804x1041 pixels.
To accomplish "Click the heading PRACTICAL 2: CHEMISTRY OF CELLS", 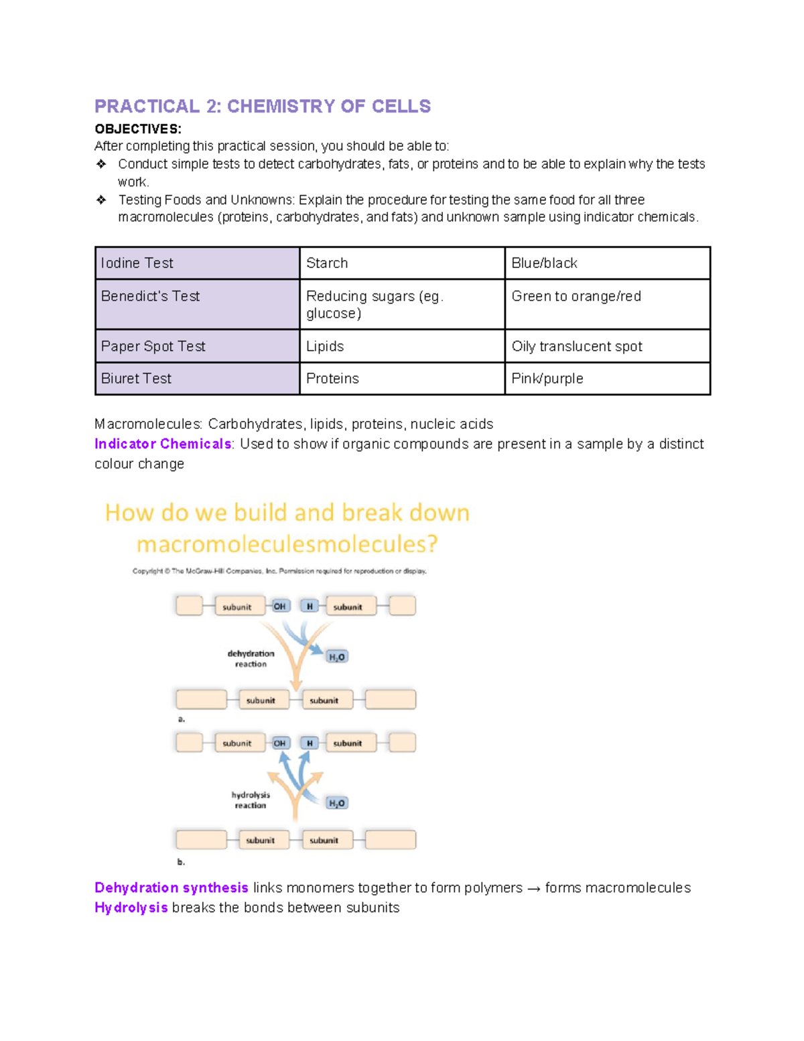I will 263,107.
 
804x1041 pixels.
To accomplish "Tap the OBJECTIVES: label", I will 138,129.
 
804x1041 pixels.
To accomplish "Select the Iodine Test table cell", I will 197,263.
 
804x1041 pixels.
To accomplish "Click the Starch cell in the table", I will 401,263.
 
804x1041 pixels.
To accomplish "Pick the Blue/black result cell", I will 606,263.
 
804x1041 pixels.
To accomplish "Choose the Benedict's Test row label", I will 197,304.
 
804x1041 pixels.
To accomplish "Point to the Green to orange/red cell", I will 606,304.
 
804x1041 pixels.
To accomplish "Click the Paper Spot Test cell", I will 197,346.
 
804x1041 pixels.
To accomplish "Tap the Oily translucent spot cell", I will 606,346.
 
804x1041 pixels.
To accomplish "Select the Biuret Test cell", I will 197,378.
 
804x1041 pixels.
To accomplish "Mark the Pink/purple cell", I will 606,378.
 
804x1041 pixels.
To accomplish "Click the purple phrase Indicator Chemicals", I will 163,444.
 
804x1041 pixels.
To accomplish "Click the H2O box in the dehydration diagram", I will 337,657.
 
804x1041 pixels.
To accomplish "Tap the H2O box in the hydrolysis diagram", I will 337,803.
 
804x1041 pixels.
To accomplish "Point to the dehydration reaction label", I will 251,658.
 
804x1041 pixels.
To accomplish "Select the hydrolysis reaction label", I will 251,800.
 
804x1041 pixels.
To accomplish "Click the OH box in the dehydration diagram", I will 279,606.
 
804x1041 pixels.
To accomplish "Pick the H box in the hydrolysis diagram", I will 310,743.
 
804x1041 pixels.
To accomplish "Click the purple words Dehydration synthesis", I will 172,887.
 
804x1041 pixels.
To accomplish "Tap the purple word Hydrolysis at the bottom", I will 131,908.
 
